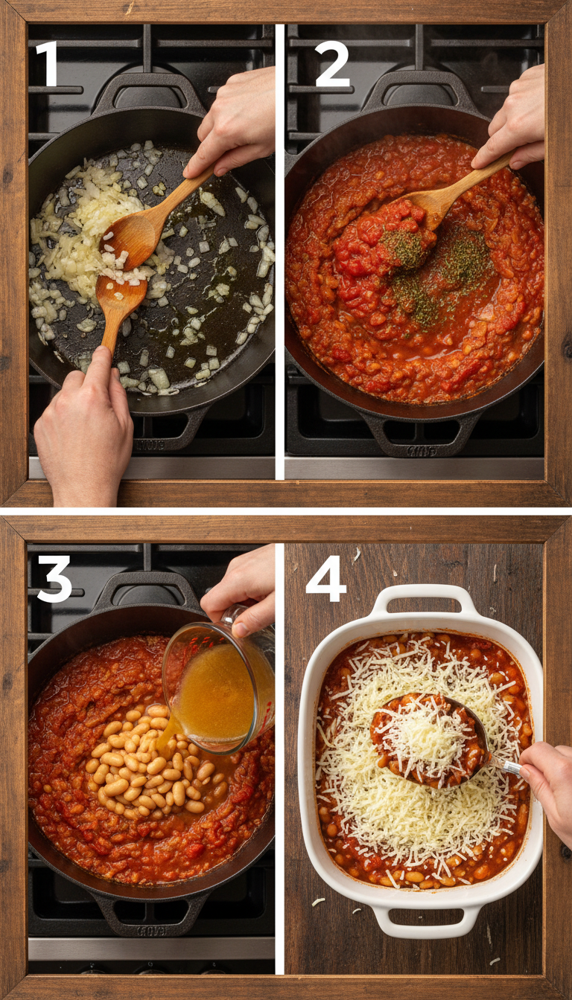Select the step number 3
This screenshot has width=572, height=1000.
click(x=54, y=579)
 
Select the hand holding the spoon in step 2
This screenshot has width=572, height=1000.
click(x=514, y=119)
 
